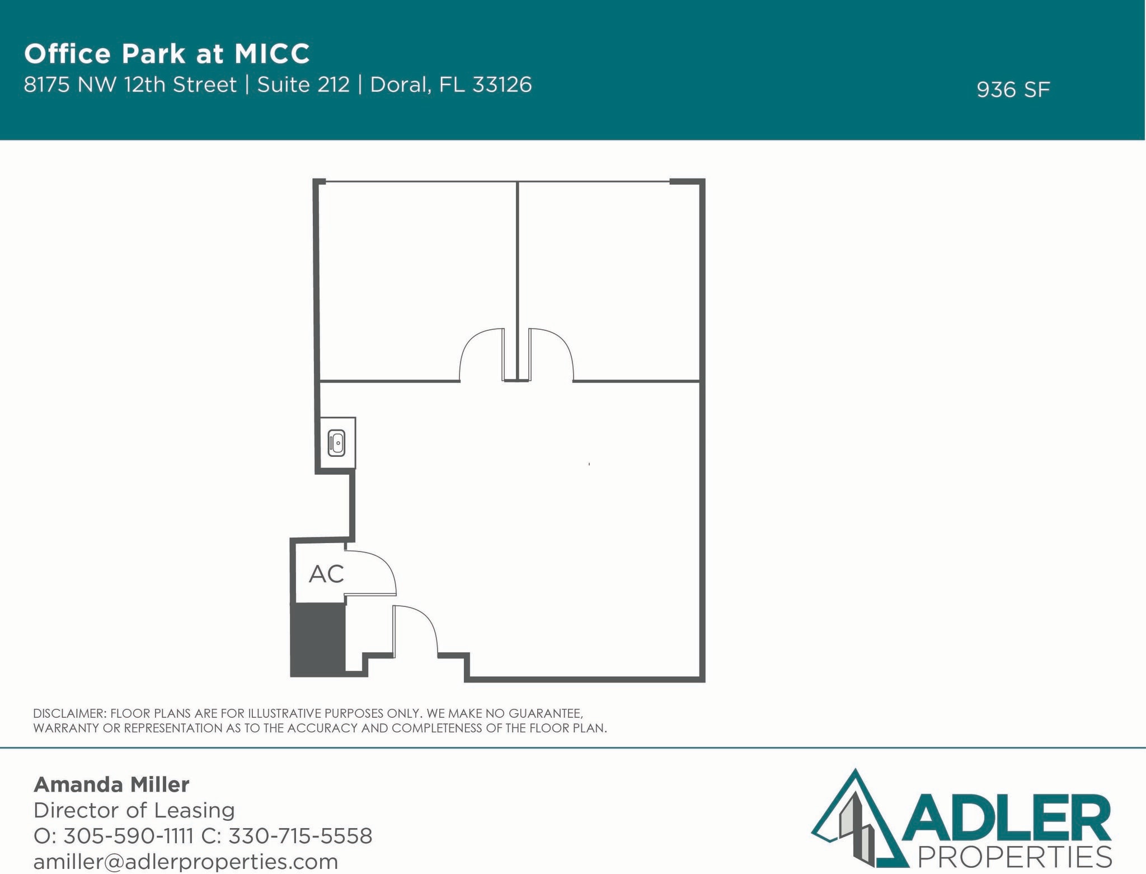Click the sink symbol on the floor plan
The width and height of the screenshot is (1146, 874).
coord(336,443)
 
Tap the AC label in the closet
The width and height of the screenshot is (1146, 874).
coord(326,574)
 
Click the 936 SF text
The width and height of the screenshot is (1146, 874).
coord(1013,90)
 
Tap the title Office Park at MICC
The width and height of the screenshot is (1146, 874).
coord(167,54)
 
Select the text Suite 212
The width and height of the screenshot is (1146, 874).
coord(303,85)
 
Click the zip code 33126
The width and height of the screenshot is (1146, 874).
coord(502,85)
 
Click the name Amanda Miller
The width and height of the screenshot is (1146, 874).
coord(111,784)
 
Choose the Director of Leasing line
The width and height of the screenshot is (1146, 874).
coord(134,810)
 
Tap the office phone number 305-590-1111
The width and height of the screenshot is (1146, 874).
coord(128,836)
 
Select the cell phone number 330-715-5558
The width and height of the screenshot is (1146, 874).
coord(300,836)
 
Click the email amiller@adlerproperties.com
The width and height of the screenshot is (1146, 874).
coord(186,861)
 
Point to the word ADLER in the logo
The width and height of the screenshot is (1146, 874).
coord(1007,819)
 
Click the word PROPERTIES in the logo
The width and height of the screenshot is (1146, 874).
coord(1015,857)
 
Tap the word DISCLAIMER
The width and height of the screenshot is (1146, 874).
coord(69,713)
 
